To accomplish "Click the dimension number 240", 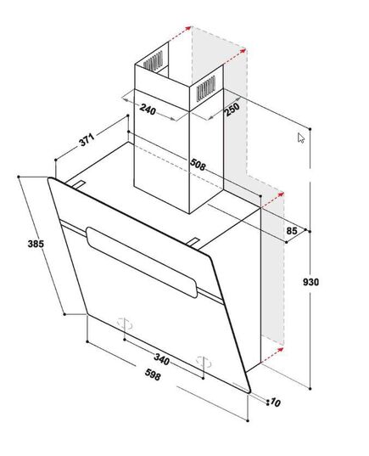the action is point(148,109).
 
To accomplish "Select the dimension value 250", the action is point(232,109).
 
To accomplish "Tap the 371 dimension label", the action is point(87,139).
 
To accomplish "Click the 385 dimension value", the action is point(36,244).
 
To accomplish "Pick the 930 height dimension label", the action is point(310,282).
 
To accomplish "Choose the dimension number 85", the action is point(292,231).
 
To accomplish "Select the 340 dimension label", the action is point(161,359).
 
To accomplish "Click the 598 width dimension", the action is point(153,374).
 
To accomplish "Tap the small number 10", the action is point(276,403).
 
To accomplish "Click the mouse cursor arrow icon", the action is point(301,138).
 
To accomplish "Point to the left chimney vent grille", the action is point(154,61).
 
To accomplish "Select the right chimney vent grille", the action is point(206,88).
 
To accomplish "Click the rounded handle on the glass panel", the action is point(142,262).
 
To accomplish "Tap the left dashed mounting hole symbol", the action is point(125,324).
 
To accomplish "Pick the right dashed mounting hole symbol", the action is point(204,363).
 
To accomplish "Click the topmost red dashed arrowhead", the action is point(188,28).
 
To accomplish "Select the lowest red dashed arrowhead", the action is point(280,349).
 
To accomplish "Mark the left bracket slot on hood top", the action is point(78,185).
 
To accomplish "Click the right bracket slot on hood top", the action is point(193,242).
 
